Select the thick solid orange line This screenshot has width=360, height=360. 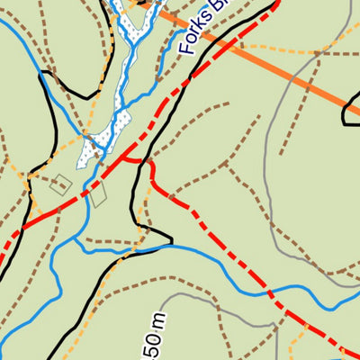(x=270, y=63)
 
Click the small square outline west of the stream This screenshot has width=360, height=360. (x=60, y=184)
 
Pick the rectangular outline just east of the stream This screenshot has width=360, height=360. (x=98, y=193)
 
